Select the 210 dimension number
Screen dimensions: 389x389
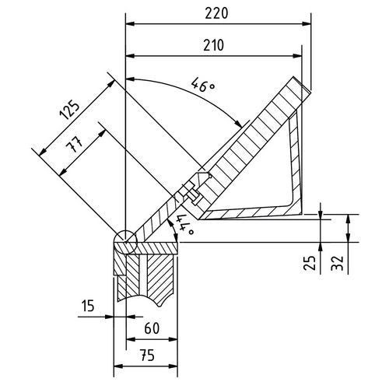pyautogui.click(x=214, y=45)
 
